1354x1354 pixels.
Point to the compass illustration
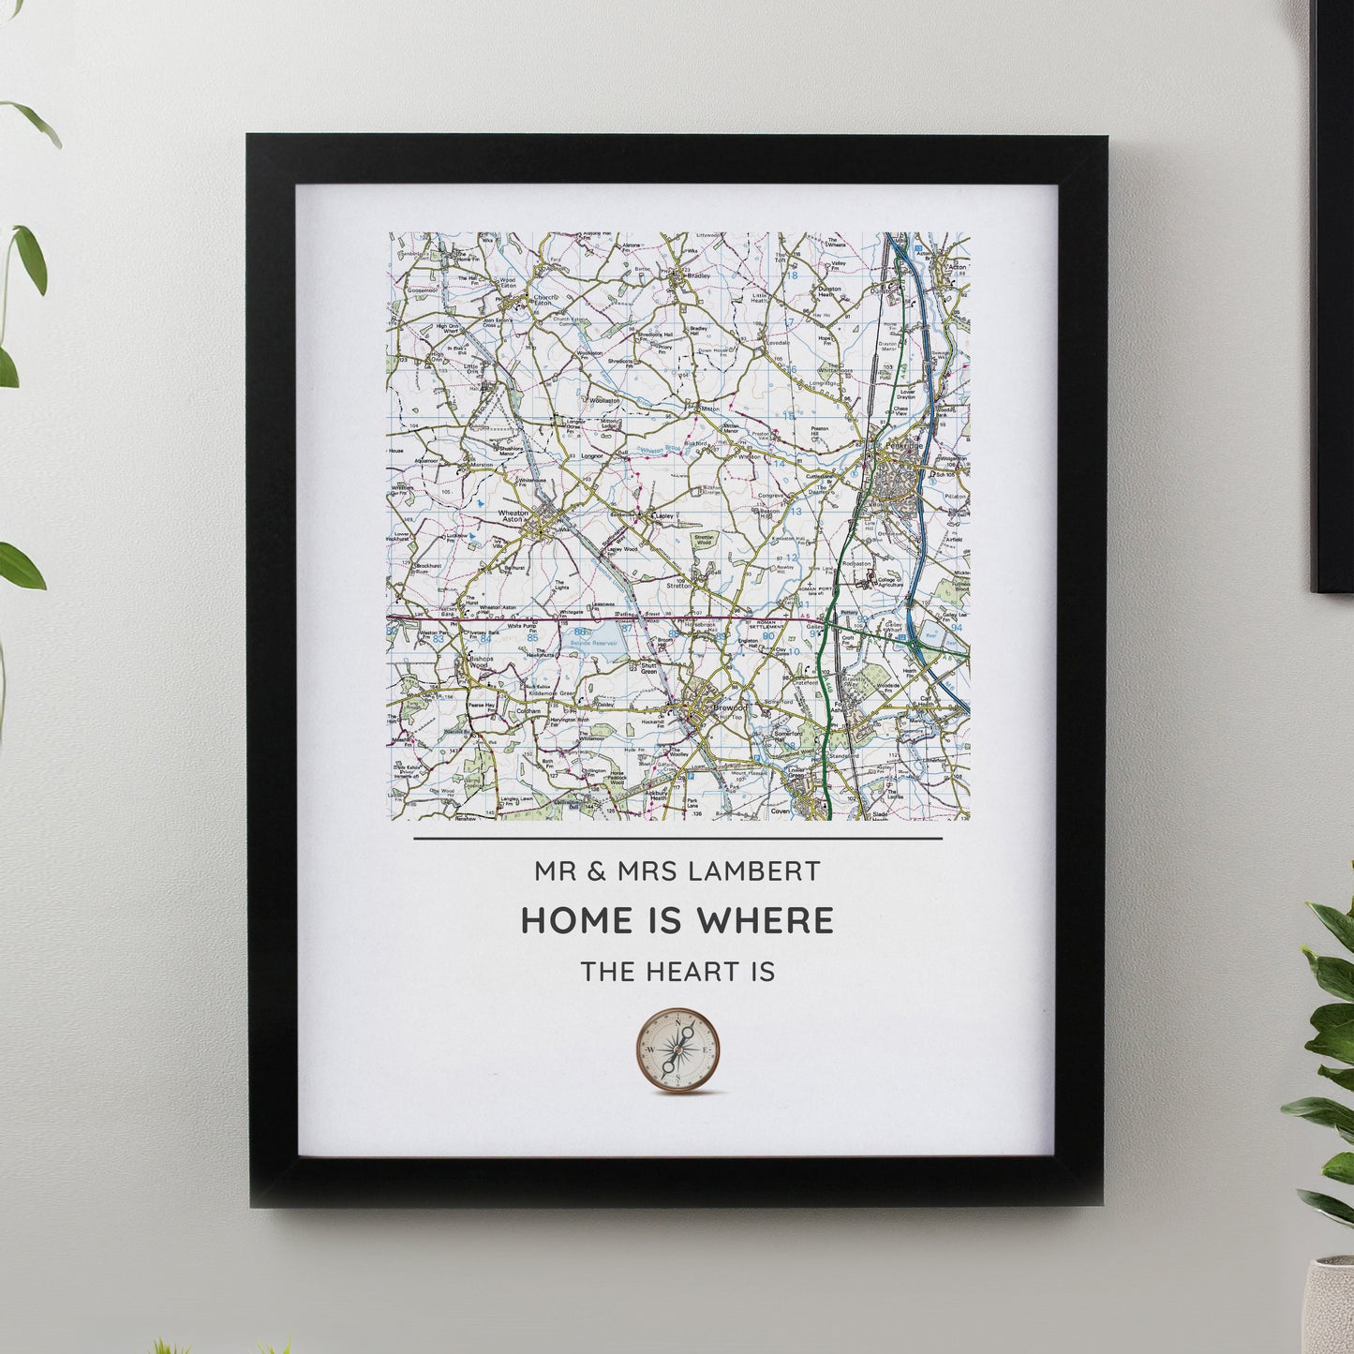pos(677,1050)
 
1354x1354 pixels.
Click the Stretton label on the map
pos(678,585)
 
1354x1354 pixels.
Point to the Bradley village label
pos(698,276)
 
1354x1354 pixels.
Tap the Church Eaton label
pos(543,300)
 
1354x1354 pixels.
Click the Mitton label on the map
pos(709,409)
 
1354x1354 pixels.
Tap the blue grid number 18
pos(791,275)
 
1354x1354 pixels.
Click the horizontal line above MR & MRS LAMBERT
pos(677,839)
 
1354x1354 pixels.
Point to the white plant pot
pos(1331,1307)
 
